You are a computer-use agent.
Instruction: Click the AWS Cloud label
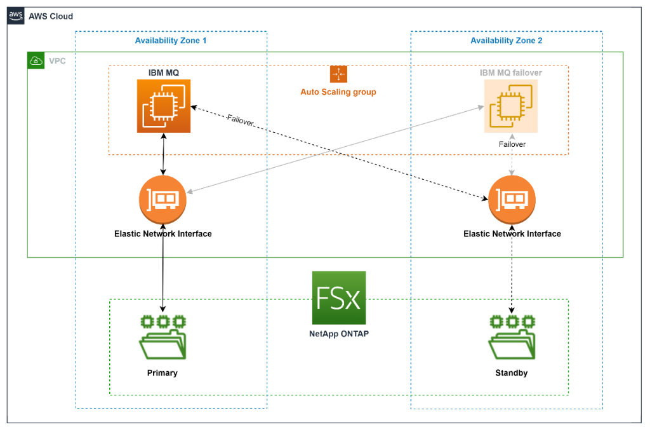pos(51,17)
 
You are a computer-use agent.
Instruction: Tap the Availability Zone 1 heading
pos(171,41)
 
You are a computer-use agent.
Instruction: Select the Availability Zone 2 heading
pos(506,41)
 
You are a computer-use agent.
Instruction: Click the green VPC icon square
pos(36,61)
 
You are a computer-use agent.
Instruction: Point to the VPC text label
pos(57,62)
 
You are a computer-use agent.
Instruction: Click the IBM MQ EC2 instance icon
pos(164,106)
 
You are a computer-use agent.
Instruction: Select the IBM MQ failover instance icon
pos(511,106)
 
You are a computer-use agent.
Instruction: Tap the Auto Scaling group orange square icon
pos(338,74)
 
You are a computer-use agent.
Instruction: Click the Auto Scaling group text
pos(338,92)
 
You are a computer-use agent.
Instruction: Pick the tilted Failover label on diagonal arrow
pos(241,120)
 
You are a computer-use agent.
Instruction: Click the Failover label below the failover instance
pos(512,144)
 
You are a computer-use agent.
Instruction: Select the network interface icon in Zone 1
pos(162,200)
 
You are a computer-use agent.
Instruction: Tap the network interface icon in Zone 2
pos(512,200)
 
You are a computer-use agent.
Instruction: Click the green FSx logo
pos(339,298)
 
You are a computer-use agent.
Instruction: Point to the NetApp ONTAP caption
pos(339,333)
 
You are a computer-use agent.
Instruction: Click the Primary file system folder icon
pos(163,337)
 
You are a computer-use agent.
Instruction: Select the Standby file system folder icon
pos(512,337)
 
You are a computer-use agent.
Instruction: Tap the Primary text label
pos(162,373)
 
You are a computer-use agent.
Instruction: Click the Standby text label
pos(512,373)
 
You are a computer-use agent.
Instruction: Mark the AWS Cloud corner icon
pos(16,17)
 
